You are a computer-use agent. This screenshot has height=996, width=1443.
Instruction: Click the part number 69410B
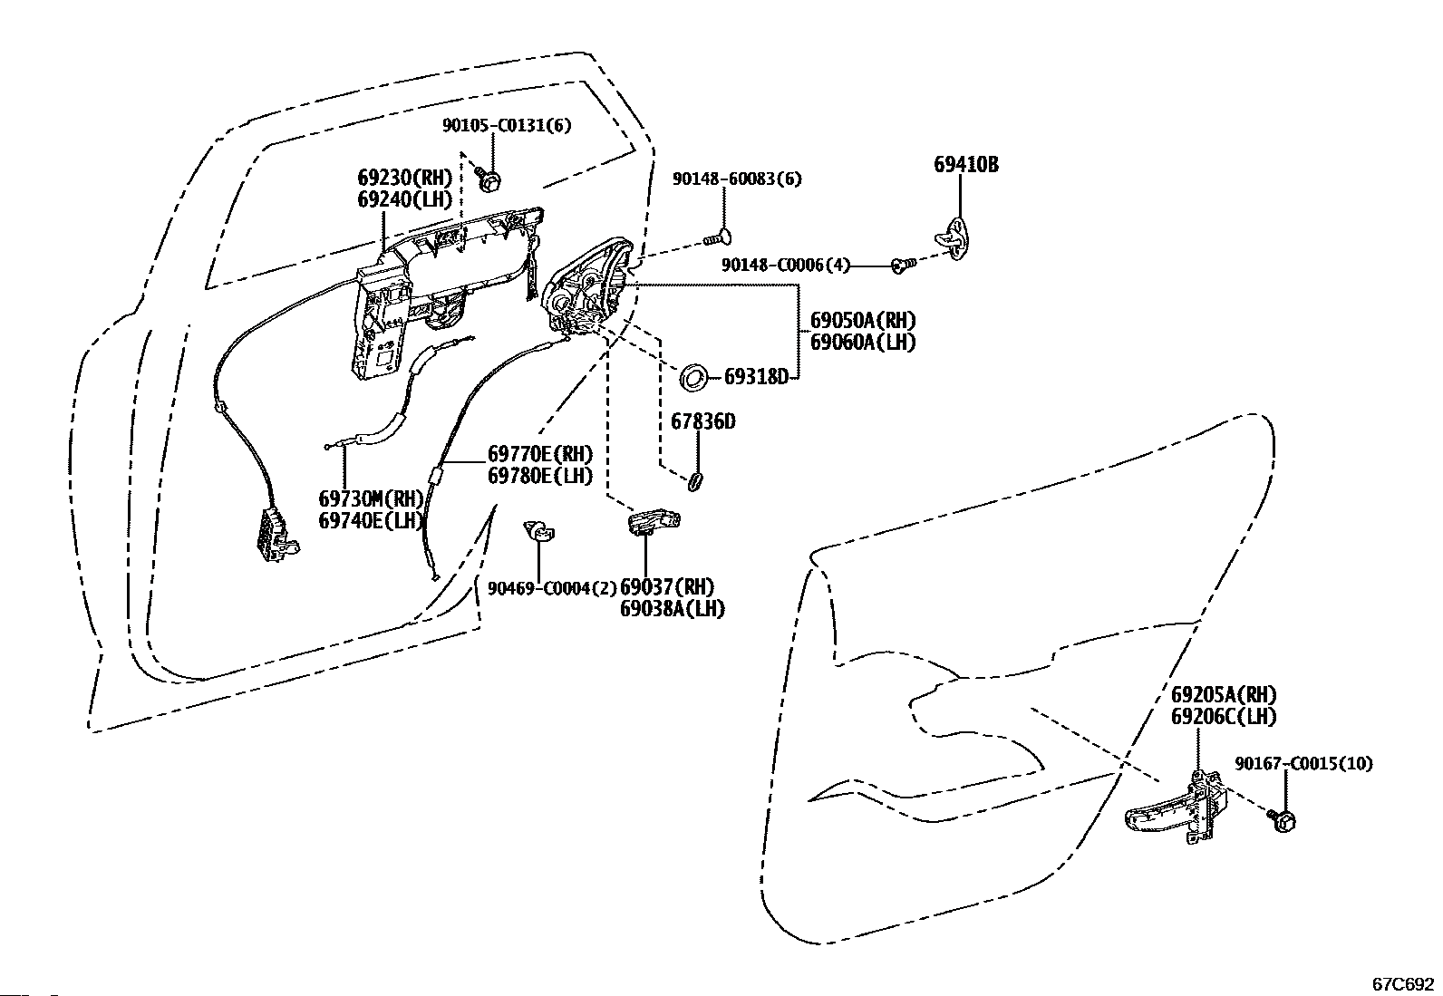tap(966, 165)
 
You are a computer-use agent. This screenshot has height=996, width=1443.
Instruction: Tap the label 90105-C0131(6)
tap(507, 125)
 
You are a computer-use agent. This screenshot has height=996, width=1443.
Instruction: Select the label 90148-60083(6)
tap(738, 179)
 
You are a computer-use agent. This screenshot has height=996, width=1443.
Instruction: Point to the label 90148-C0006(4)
tap(786, 265)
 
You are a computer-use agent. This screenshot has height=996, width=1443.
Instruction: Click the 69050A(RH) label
tap(863, 320)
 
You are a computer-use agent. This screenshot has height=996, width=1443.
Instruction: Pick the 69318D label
tap(756, 377)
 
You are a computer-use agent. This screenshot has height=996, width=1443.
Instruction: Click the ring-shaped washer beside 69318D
tap(693, 378)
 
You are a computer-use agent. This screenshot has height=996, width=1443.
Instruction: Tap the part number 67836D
tap(702, 421)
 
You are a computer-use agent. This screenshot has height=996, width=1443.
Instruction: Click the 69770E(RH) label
tap(540, 454)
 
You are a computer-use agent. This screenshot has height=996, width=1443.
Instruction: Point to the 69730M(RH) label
tap(371, 498)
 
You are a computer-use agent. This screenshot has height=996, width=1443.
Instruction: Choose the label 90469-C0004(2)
tap(552, 588)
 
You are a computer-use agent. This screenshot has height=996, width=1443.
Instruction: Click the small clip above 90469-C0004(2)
tap(538, 531)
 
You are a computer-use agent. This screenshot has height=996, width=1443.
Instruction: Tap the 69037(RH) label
tap(667, 587)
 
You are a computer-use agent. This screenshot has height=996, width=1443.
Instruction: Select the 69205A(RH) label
tap(1224, 694)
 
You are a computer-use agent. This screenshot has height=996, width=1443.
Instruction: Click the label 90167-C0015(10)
tap(1303, 763)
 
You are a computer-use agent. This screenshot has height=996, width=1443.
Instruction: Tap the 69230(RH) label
tap(405, 177)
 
